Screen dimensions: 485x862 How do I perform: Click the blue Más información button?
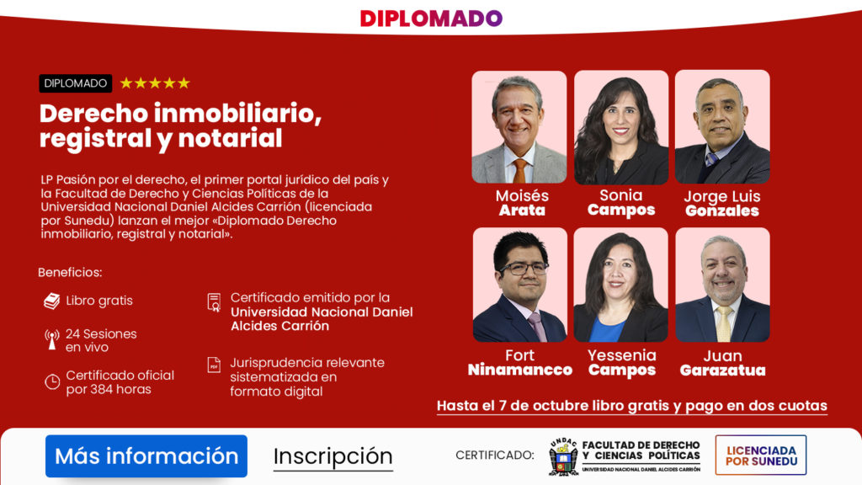pos(146,456)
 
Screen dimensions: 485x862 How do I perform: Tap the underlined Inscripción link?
pos(333,456)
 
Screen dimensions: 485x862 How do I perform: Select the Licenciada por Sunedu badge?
pos(760,455)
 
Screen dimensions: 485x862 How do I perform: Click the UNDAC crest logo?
pos(563,456)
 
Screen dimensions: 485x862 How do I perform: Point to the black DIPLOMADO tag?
pos(75,83)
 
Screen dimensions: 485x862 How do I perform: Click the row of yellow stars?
pos(155,83)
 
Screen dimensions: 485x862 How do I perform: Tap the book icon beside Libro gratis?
pos(52,301)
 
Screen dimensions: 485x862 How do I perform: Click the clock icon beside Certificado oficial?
pos(52,381)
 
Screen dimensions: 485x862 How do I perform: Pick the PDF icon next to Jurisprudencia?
pos(215,365)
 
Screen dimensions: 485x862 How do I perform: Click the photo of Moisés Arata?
pos(519,127)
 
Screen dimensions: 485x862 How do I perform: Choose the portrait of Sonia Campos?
pos(621,127)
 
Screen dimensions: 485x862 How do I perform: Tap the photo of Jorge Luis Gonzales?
pos(722,127)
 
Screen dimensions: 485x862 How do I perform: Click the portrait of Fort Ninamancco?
pos(519,285)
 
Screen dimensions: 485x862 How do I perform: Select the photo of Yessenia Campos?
pos(621,285)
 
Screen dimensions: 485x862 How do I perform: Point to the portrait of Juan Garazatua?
pos(722,285)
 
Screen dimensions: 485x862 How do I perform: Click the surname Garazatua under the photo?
pos(722,370)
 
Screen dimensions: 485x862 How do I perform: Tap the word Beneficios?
pos(70,273)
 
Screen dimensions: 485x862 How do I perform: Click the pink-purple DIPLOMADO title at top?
pos(431,19)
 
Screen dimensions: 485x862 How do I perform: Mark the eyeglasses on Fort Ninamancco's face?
pos(524,269)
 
